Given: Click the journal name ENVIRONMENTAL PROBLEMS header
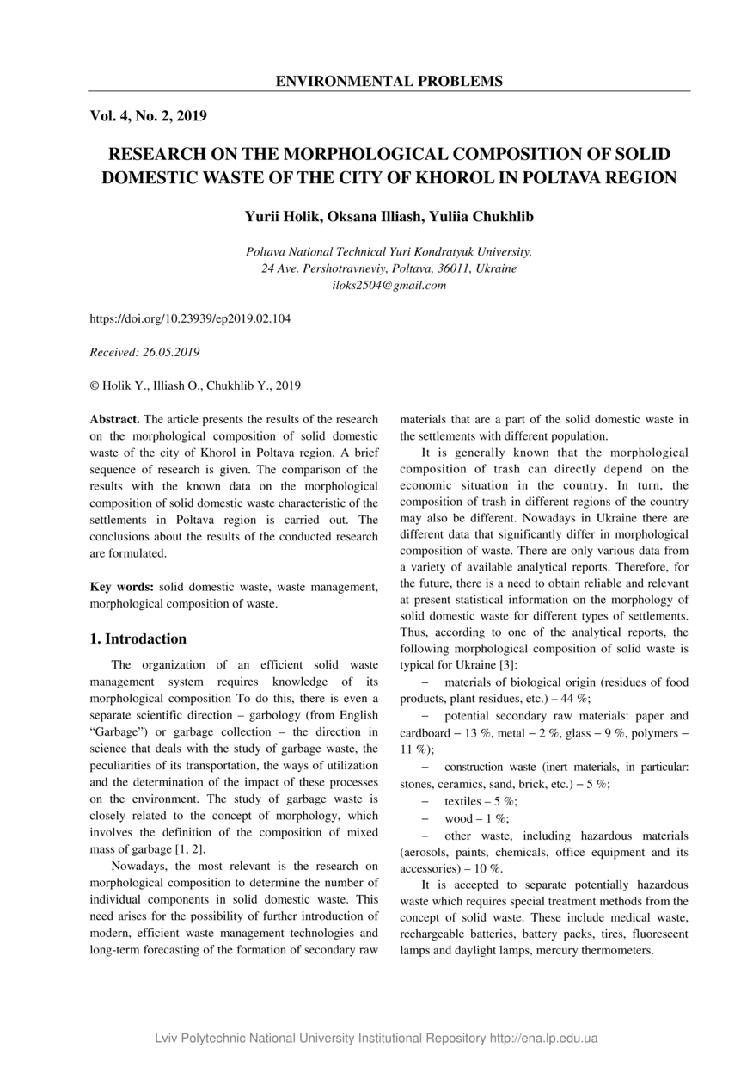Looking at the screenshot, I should (x=389, y=82).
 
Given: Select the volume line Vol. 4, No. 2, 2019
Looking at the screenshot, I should (x=148, y=115).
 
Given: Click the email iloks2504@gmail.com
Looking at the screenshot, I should (x=389, y=285).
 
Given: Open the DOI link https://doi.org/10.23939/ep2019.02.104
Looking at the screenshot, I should (x=190, y=318).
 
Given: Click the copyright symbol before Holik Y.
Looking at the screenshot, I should (x=95, y=385).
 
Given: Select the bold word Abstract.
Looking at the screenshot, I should (x=114, y=420).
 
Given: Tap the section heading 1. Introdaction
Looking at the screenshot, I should (x=138, y=639).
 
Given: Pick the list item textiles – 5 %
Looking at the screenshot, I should (x=481, y=801).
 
